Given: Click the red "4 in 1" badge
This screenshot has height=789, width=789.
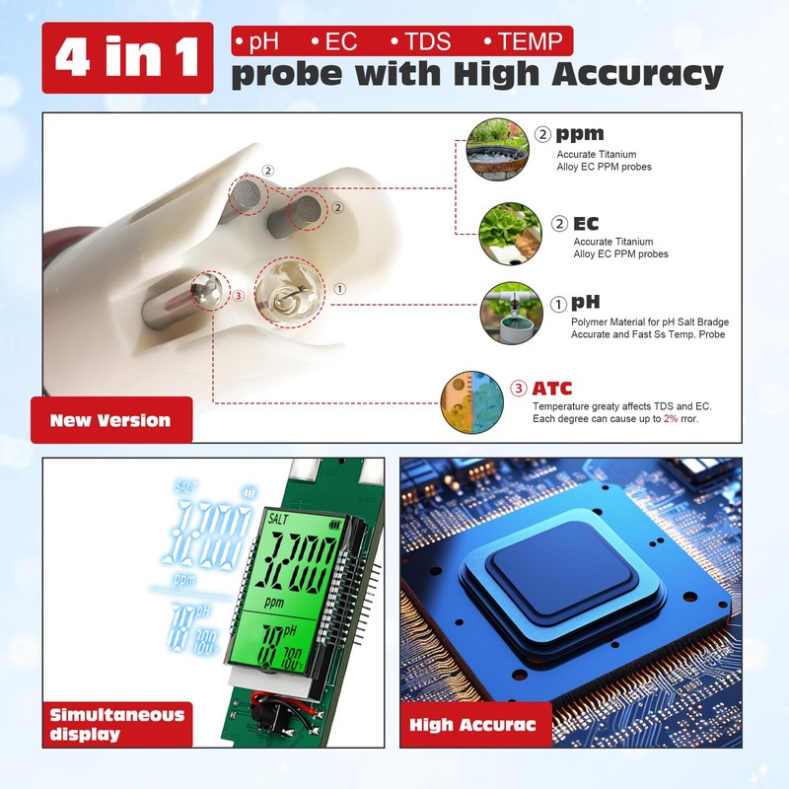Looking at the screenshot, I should click(x=127, y=58).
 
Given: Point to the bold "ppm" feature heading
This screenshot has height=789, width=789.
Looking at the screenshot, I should click(x=580, y=134).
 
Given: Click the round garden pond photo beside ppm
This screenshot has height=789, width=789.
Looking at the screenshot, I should click(x=497, y=148).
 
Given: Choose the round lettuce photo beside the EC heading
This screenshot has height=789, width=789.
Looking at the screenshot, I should click(x=510, y=234).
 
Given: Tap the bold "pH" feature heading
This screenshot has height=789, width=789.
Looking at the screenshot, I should click(x=586, y=303).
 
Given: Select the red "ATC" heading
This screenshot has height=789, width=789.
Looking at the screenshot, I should click(x=551, y=389).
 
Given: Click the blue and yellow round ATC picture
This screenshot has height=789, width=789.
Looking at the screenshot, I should click(x=470, y=402).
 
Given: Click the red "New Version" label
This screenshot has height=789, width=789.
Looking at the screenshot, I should click(x=110, y=420).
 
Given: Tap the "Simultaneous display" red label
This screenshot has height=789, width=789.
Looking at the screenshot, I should click(x=116, y=724).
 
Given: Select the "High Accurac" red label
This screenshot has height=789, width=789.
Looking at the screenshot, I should click(x=472, y=725).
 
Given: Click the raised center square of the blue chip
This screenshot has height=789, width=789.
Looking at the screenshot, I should click(x=560, y=566).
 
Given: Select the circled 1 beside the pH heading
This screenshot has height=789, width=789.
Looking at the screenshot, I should click(x=558, y=303).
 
